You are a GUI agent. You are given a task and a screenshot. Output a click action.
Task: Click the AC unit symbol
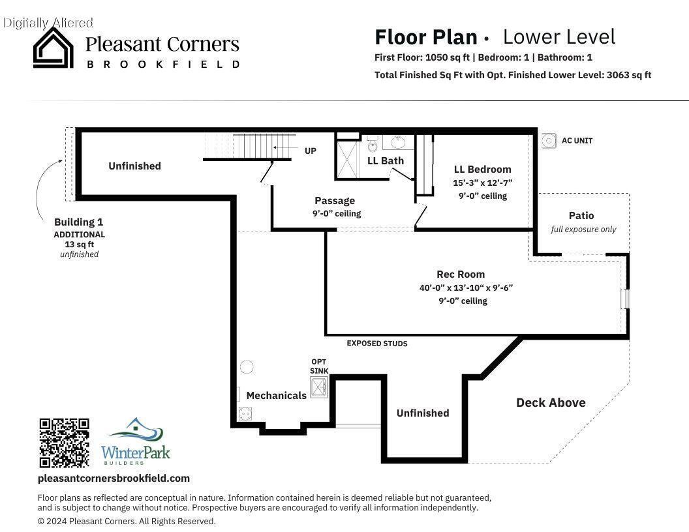click(548, 140)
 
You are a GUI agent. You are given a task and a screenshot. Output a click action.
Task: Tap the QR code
click(64, 443)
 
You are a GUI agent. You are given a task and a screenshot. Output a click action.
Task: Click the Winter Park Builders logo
click(135, 441)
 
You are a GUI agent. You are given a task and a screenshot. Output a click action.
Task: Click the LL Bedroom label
click(482, 170)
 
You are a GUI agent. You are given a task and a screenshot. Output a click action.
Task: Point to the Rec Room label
click(461, 274)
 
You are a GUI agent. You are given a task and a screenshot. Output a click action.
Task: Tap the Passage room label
click(335, 201)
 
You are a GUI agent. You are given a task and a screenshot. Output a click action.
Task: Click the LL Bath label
click(386, 161)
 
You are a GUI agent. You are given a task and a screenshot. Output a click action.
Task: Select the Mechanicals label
click(277, 396)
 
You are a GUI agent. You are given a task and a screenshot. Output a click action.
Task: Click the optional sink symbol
click(318, 387)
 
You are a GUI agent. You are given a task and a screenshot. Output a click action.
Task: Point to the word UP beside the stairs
click(310, 151)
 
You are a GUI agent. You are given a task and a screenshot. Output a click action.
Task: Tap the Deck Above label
click(551, 402)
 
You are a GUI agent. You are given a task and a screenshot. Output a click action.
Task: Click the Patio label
click(581, 216)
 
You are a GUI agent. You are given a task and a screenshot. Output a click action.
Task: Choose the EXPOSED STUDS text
click(377, 343)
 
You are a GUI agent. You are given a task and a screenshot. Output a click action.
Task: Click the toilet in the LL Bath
click(373, 143)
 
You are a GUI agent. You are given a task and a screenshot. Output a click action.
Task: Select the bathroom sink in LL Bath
click(398, 142)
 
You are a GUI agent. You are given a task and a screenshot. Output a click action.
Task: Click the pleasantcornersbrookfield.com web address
click(114, 479)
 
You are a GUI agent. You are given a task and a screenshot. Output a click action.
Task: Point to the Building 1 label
click(79, 222)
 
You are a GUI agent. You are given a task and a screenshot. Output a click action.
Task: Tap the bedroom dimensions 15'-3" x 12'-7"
click(482, 183)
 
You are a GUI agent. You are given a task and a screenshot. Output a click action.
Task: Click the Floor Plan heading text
click(426, 37)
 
